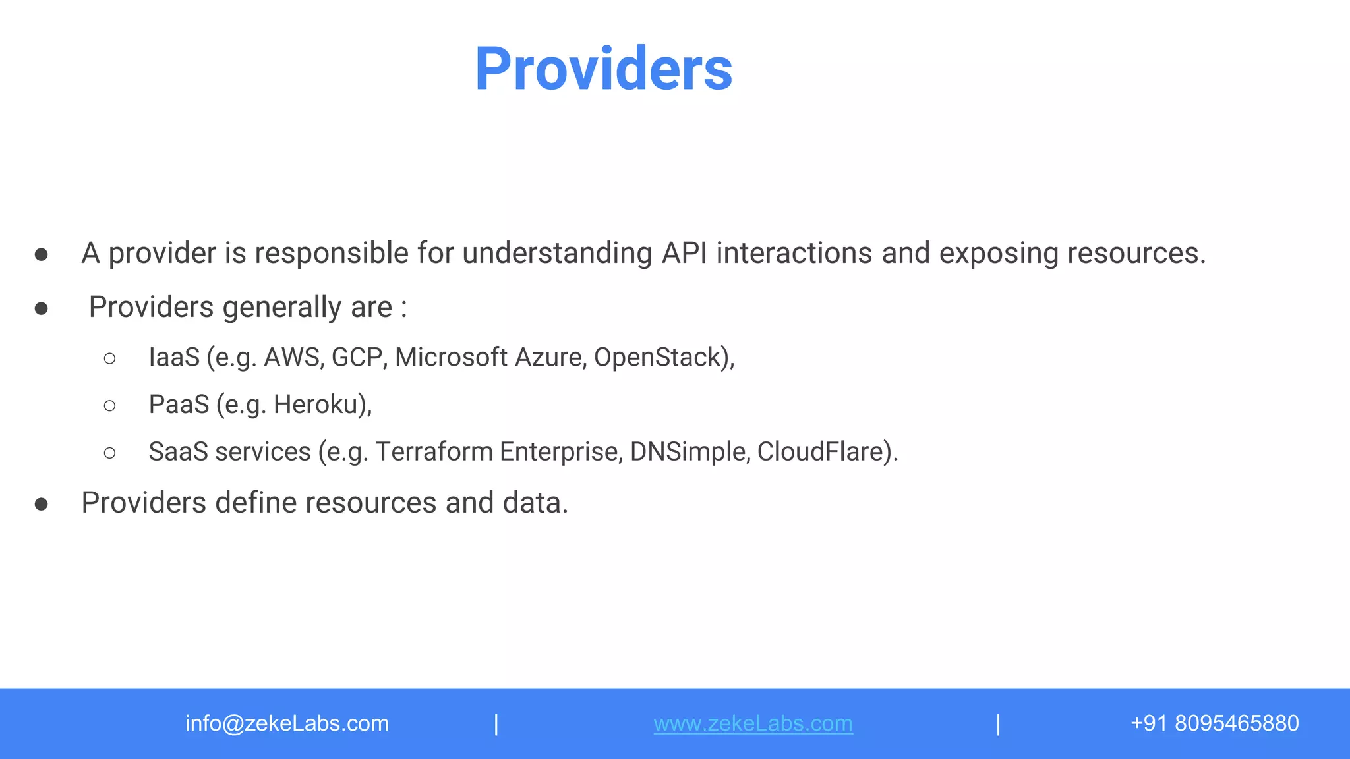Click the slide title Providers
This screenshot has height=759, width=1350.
coord(603,69)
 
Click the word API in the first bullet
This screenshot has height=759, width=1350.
coord(684,253)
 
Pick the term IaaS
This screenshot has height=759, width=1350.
coord(174,357)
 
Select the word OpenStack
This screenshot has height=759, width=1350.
coord(661,357)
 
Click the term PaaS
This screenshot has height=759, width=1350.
coord(179,405)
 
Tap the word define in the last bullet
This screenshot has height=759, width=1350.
coord(256,503)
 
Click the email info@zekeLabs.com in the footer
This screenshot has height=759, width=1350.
coord(287,723)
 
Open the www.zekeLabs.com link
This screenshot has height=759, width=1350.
coord(753,723)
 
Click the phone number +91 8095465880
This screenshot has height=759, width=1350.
coord(1214,723)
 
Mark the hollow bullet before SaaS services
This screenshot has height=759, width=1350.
coord(110,453)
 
